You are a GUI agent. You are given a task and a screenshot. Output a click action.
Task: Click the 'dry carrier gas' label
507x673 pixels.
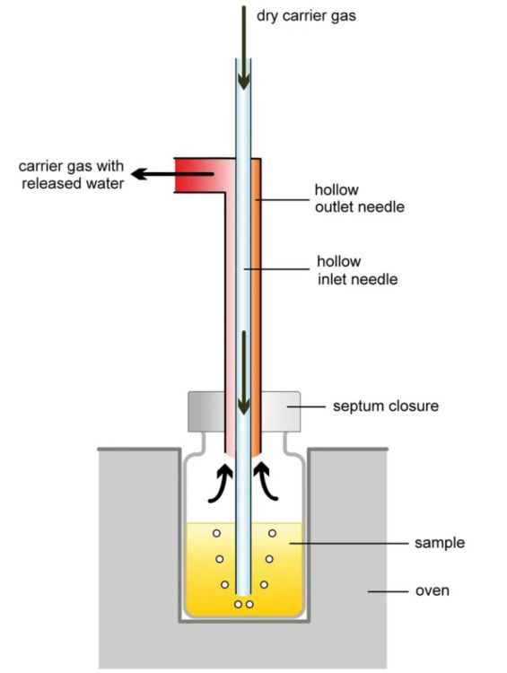pyautogui.click(x=308, y=15)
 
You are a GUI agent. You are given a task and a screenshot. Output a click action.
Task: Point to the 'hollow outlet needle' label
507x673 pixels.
pyautogui.click(x=359, y=198)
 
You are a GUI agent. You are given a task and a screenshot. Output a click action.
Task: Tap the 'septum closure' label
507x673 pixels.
pyautogui.click(x=386, y=406)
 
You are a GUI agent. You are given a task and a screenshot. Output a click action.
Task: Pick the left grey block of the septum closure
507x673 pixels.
pyautogui.click(x=206, y=411)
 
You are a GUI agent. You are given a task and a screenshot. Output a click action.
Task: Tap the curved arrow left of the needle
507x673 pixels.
pyautogui.click(x=218, y=481)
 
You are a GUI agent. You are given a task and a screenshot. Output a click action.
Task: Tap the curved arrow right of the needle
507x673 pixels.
pyautogui.click(x=268, y=481)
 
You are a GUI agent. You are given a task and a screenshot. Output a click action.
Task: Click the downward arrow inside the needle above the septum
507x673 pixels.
pyautogui.click(x=243, y=368)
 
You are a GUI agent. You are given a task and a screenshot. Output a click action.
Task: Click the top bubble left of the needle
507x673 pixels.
pyautogui.click(x=215, y=534)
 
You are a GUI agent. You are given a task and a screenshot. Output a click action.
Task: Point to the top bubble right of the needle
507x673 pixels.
pyautogui.click(x=272, y=534)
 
